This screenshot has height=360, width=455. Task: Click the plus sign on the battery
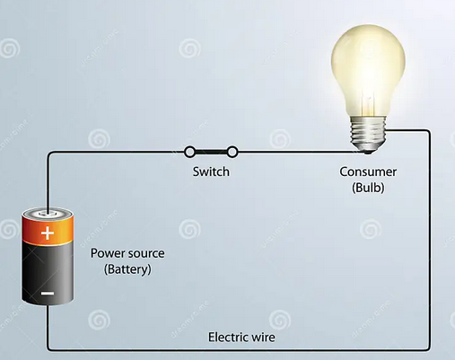48,233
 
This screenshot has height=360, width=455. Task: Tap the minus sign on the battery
48,294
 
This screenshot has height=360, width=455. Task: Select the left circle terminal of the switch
189,152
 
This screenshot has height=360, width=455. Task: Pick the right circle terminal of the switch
232,152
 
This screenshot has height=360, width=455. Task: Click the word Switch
211,171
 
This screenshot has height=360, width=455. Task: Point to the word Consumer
368,171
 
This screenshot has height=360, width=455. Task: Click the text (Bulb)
368,188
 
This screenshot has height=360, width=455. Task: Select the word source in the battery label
146,254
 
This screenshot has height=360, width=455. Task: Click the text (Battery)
127,269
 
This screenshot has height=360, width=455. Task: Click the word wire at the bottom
264,338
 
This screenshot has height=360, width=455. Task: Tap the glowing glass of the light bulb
368,69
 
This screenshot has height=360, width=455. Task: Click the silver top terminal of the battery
48,214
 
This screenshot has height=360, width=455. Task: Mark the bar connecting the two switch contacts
211,153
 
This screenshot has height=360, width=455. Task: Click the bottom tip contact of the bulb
368,152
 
